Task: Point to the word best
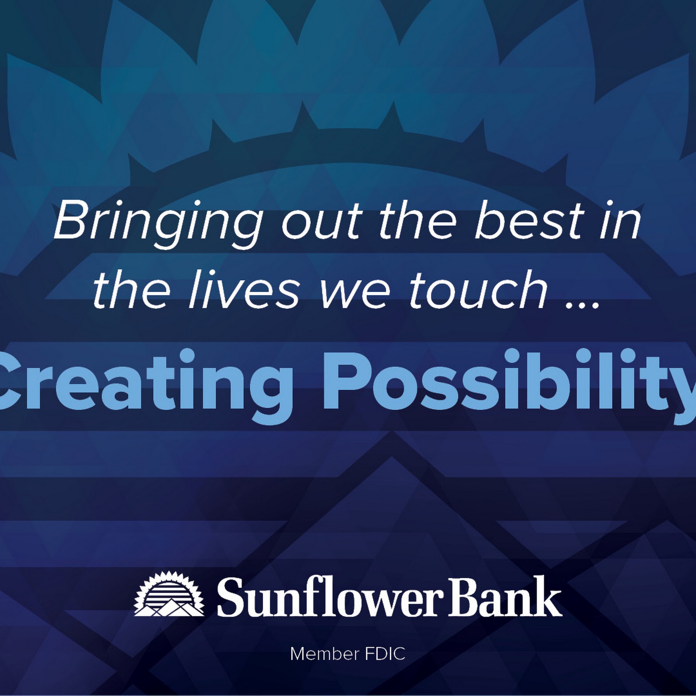(x=529, y=221)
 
